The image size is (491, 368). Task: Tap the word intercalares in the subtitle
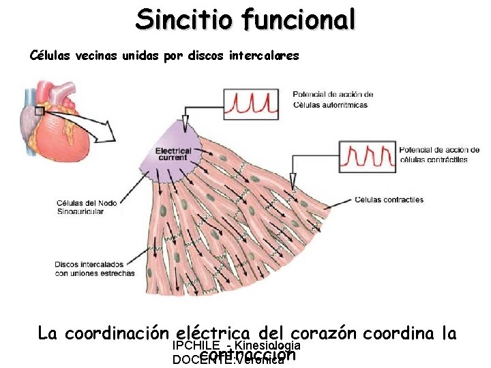tap(265, 55)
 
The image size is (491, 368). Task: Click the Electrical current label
tap(173, 153)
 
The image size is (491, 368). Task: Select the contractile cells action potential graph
tap(367, 156)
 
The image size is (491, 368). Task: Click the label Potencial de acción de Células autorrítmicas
tap(333, 99)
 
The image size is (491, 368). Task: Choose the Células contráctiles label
tap(389, 200)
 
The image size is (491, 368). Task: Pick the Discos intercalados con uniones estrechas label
tap(94, 269)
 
